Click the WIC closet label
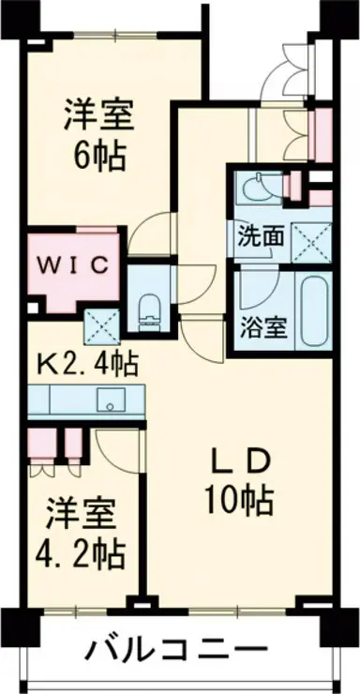coord(73,265)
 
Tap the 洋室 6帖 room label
coord(99,135)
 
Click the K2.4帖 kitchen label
coord(86,363)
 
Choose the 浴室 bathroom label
coord(264,327)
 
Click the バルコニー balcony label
coord(177,650)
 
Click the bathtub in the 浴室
coord(315,310)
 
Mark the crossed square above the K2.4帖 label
coord(102,326)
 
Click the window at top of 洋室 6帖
coord(115,35)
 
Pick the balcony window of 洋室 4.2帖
coord(76,611)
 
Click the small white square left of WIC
coord(32,308)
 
